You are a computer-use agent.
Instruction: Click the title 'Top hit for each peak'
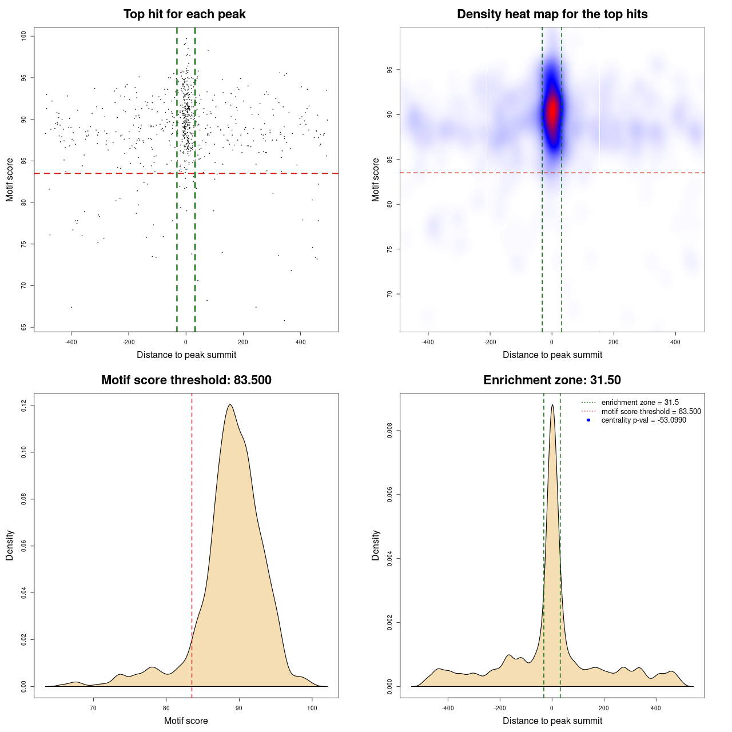click(184, 14)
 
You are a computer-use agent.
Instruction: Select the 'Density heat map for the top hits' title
click(552, 14)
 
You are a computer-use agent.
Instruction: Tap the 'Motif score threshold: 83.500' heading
click(186, 380)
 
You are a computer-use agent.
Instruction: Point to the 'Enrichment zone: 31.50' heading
click(552, 380)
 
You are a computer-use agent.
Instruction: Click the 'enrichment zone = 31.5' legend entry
click(640, 403)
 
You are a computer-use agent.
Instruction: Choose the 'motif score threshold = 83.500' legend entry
click(651, 412)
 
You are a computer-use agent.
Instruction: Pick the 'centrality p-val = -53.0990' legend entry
click(643, 420)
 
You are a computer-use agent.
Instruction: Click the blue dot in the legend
click(588, 420)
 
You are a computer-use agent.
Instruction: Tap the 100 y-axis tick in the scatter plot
click(24, 36)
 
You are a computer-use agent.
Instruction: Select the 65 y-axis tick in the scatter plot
click(24, 327)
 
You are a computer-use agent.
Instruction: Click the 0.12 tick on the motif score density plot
click(24, 405)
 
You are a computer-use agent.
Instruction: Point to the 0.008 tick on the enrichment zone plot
click(390, 431)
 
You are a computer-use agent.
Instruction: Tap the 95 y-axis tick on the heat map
click(390, 70)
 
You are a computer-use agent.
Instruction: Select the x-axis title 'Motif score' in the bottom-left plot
click(186, 721)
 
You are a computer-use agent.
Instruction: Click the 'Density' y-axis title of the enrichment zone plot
click(376, 545)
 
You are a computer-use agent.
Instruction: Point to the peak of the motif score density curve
click(230, 405)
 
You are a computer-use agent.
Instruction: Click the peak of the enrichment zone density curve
click(552, 405)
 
